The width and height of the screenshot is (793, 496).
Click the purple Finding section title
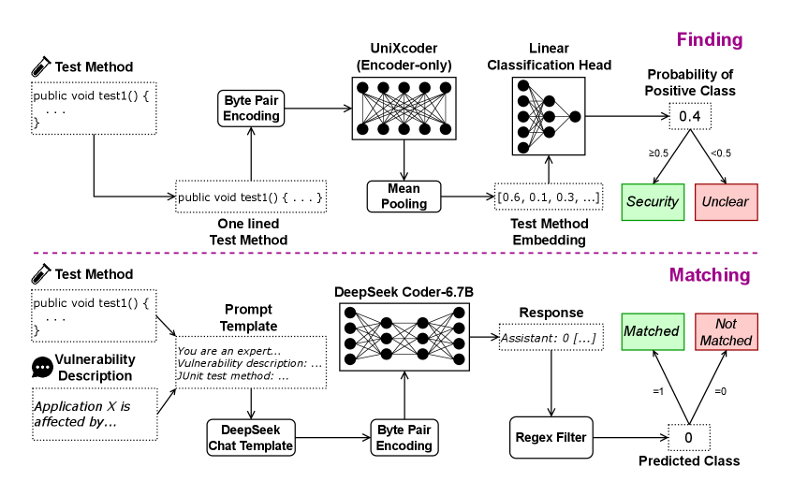710,39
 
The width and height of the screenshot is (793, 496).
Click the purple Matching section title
710,275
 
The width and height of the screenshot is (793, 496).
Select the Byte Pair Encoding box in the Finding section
251,109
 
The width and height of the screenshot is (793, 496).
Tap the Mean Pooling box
404,197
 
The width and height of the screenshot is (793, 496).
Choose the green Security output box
653,202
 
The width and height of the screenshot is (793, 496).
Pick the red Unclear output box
726,202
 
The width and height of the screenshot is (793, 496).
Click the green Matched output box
653,331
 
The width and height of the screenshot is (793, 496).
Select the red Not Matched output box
726,331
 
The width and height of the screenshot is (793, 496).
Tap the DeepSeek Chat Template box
251,438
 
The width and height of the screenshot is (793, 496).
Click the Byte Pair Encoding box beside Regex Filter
404,438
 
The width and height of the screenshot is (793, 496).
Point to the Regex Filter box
551,437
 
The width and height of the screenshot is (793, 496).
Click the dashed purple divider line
393,253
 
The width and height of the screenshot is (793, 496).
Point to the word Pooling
404,204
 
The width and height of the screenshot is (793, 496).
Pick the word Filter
570,437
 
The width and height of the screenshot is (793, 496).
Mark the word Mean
404,189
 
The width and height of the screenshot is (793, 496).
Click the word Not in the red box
726,324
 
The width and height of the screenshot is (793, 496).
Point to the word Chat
223,446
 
